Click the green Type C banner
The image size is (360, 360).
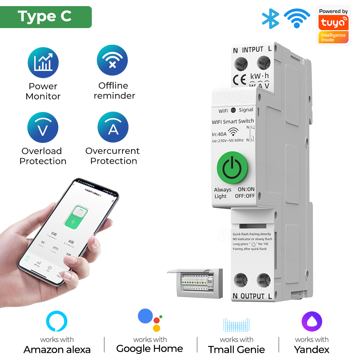pos(45,17)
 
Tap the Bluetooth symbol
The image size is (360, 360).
pos(270,18)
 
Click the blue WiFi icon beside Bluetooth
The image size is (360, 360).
pos(297,18)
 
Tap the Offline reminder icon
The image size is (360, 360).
pos(113,60)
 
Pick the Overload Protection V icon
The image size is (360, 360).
pos(43,128)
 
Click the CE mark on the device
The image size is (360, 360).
pos(240,80)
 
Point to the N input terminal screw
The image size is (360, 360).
pos(240,64)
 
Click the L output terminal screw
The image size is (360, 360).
pos(264,280)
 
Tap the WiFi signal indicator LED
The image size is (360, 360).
pos(233,111)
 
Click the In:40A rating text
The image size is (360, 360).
pos(220,134)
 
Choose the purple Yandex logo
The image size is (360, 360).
pos(311,321)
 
